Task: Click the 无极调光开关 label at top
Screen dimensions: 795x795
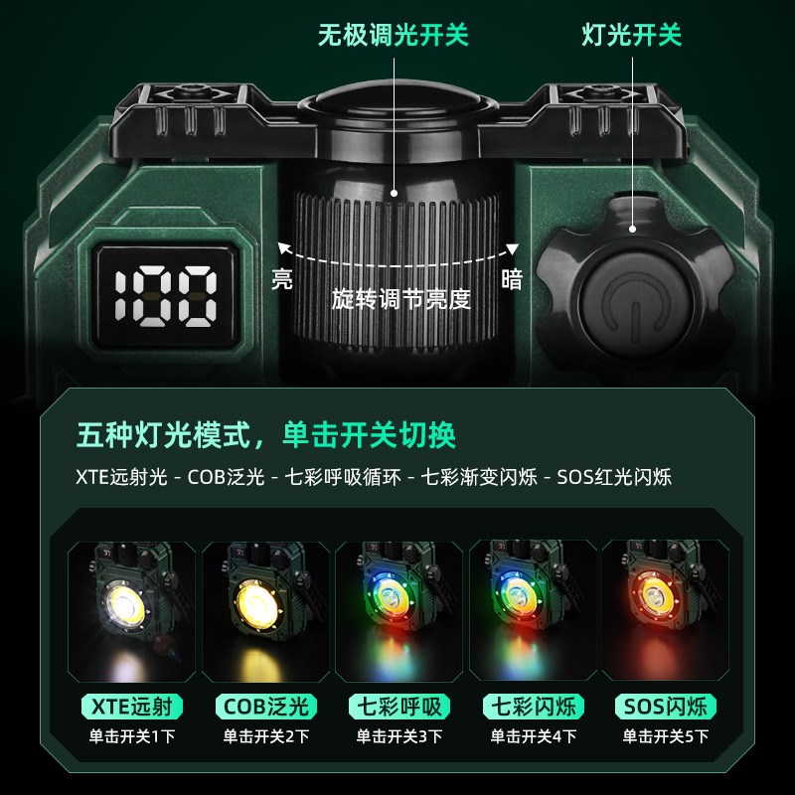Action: pyautogui.click(x=394, y=36)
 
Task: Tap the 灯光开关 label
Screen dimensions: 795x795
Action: pyautogui.click(x=632, y=36)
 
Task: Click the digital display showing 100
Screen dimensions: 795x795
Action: pyautogui.click(x=166, y=296)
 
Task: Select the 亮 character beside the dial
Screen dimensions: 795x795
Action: pyautogui.click(x=282, y=279)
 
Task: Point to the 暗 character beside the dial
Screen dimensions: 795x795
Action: pyautogui.click(x=512, y=279)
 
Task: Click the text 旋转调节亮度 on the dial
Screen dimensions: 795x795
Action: pyautogui.click(x=401, y=299)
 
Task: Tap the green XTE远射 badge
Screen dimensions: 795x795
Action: pyautogui.click(x=132, y=707)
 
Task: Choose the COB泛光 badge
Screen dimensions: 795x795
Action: pyautogui.click(x=265, y=707)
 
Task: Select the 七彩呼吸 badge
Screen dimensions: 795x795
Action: pyautogui.click(x=399, y=707)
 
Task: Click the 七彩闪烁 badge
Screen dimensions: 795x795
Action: pyautogui.click(x=534, y=707)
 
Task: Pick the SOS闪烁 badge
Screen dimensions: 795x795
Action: pyautogui.click(x=666, y=707)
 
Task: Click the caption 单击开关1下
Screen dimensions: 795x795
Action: pyautogui.click(x=132, y=736)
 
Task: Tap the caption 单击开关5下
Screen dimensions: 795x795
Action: pyautogui.click(x=666, y=736)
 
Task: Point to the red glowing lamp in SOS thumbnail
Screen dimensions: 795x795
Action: pyautogui.click(x=656, y=595)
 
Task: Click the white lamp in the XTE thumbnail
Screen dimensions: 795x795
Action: pyautogui.click(x=125, y=605)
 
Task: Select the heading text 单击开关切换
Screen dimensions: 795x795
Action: pyautogui.click(x=369, y=435)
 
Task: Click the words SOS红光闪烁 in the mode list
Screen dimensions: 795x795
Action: pyautogui.click(x=614, y=477)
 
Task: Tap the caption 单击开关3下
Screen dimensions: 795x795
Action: pyautogui.click(x=399, y=736)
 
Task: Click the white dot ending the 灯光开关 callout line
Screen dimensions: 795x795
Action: pyautogui.click(x=632, y=229)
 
